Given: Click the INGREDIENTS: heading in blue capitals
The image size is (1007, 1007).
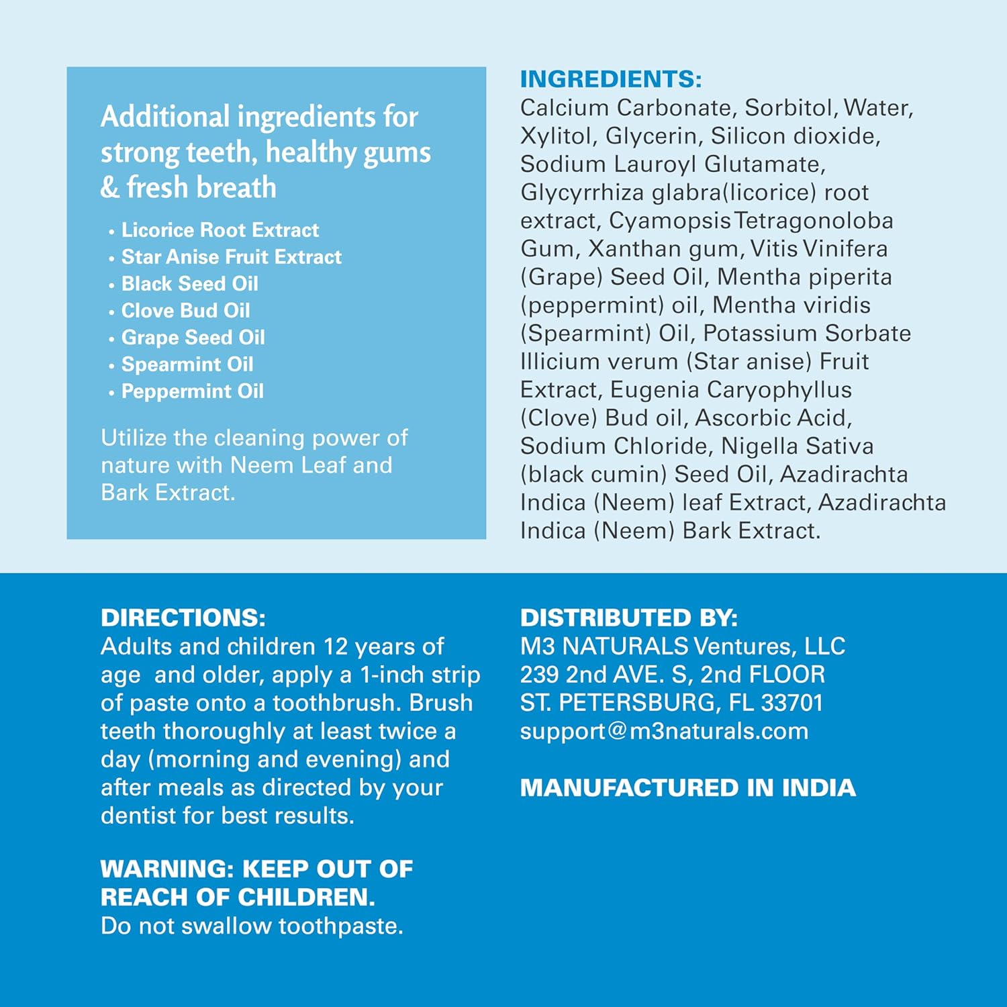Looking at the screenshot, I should tap(611, 79).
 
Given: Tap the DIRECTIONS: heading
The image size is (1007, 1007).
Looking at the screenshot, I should tap(183, 618).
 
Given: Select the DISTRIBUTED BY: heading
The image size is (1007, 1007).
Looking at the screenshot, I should tap(628, 618).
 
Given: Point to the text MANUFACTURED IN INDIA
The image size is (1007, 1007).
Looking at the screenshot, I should tap(687, 787).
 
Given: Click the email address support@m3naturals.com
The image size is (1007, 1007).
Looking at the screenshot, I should tap(664, 731).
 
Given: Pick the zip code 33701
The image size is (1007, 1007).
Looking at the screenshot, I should tap(792, 703).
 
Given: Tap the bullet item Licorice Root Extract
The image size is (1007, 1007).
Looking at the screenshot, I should tap(220, 230).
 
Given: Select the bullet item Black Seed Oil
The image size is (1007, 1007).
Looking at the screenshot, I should tap(189, 284).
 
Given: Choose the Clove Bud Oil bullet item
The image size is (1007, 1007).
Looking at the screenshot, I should tap(185, 311).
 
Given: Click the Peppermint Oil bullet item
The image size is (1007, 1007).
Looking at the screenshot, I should tap(192, 391).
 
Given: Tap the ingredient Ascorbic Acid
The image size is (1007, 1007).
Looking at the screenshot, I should tap(773, 418).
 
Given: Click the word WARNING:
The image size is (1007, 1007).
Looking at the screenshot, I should tap(166, 869).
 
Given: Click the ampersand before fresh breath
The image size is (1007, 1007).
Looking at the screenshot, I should tap(109, 187).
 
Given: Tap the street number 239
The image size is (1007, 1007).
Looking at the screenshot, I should tap(540, 675).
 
